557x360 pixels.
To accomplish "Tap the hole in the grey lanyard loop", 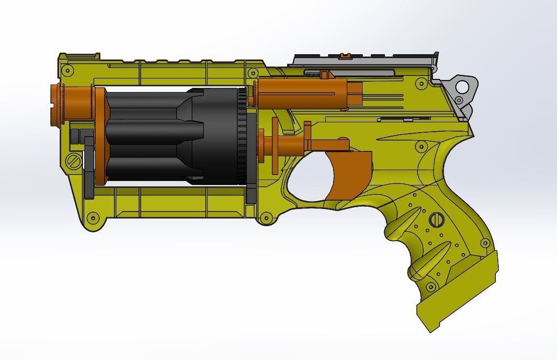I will [x=462, y=87].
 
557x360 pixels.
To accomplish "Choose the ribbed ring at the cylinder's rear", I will [x=242, y=136].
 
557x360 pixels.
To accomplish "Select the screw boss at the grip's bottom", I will [x=431, y=287].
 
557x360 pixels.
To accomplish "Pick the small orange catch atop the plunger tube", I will [x=324, y=74].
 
